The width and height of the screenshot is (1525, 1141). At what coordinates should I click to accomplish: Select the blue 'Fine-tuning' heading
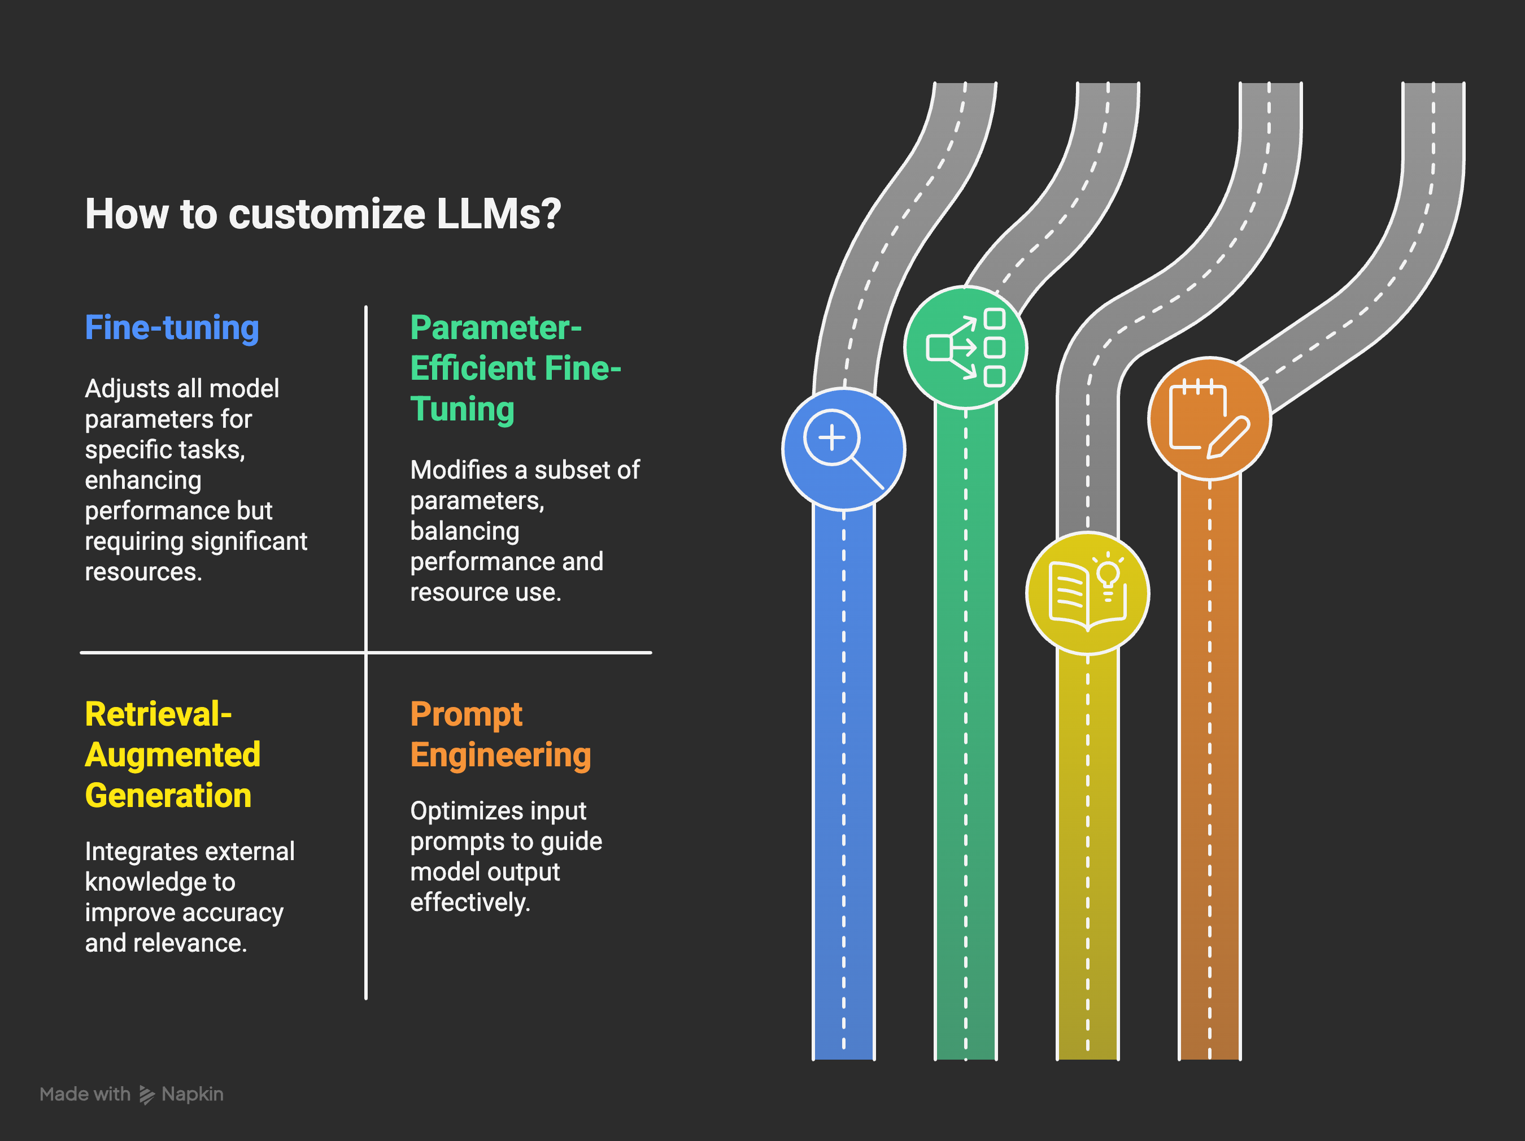tap(172, 328)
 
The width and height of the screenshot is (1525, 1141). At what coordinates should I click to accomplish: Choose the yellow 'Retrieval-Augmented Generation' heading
tap(172, 754)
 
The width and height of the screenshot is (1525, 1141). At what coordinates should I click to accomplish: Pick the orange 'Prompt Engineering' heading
tap(500, 735)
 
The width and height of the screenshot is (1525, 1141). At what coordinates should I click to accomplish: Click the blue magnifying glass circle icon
tap(843, 449)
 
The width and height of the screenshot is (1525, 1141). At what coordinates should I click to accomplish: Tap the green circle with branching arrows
tap(965, 348)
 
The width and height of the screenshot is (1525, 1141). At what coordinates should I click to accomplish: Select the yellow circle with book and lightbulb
tap(1087, 593)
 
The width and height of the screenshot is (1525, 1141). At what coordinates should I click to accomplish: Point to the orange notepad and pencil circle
tap(1209, 418)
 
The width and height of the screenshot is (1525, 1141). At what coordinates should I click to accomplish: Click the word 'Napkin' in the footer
tap(193, 1094)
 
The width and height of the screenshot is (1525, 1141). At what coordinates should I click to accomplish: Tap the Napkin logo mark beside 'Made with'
tap(147, 1095)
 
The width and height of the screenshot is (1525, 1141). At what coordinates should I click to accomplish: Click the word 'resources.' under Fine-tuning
tap(143, 572)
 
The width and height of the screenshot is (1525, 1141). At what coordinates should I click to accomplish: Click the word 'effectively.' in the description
tap(470, 903)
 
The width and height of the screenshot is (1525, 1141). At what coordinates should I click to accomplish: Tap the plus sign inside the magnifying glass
tap(831, 437)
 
